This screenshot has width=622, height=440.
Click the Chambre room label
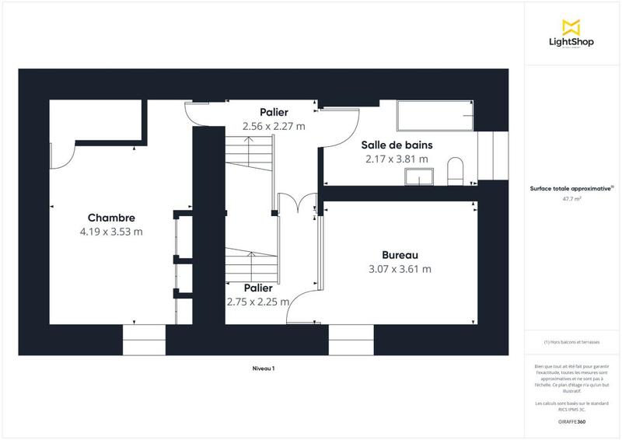pyautogui.click(x=111, y=218)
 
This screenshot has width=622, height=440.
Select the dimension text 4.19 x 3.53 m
pyautogui.click(x=111, y=232)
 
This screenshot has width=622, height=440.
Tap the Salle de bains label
pyautogui.click(x=397, y=145)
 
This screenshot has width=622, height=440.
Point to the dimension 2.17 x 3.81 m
pyautogui.click(x=397, y=159)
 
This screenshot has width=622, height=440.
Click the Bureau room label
pyautogui.click(x=400, y=255)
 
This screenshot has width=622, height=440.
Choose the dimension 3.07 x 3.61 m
pyautogui.click(x=400, y=269)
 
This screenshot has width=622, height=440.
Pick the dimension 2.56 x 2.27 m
pyautogui.click(x=274, y=125)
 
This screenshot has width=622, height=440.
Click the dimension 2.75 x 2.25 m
pyautogui.click(x=257, y=302)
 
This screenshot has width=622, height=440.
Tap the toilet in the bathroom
pyautogui.click(x=455, y=172)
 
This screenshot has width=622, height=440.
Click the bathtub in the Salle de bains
pyautogui.click(x=436, y=117)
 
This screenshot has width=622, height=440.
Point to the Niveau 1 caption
pyautogui.click(x=263, y=368)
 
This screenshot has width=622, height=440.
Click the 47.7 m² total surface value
pyautogui.click(x=572, y=199)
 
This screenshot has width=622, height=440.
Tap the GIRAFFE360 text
pyautogui.click(x=572, y=421)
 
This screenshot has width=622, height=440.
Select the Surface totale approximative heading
pyautogui.click(x=572, y=187)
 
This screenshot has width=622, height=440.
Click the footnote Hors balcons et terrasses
pyautogui.click(x=572, y=342)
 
